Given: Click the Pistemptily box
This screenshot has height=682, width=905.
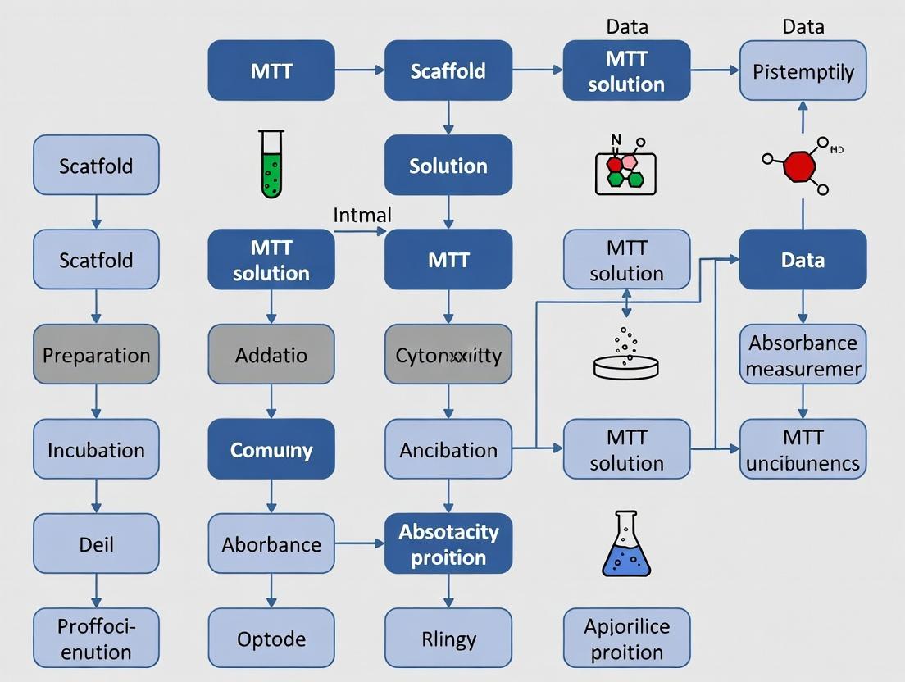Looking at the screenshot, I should pyautogui.click(x=803, y=70).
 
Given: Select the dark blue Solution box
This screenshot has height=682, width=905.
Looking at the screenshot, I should pyautogui.click(x=448, y=165).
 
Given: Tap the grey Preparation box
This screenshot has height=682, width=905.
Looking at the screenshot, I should pyautogui.click(x=96, y=354).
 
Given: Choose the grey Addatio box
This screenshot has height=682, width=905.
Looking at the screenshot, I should pyautogui.click(x=271, y=354).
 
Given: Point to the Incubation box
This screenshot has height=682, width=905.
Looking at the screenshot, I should pyautogui.click(x=96, y=449).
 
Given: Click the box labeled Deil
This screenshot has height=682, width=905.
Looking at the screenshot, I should pyautogui.click(x=96, y=543).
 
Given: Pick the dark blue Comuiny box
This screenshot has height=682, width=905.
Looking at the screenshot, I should pyautogui.click(x=271, y=449).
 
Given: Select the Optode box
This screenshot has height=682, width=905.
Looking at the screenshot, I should pyautogui.click(x=271, y=638).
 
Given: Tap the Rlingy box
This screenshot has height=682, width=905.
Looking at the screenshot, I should pyautogui.click(x=448, y=638).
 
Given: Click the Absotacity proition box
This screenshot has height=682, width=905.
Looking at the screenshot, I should pyautogui.click(x=448, y=543).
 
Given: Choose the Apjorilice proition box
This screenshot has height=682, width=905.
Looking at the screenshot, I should pyautogui.click(x=626, y=638).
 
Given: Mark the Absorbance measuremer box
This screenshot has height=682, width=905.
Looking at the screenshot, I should pyautogui.click(x=803, y=354).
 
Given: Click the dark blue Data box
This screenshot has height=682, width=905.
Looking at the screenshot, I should pyautogui.click(x=803, y=260).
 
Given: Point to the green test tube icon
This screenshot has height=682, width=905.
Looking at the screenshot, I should pyautogui.click(x=271, y=165).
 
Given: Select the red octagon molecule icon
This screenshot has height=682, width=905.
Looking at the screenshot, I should pyautogui.click(x=799, y=166).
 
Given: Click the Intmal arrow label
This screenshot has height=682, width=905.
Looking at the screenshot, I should pyautogui.click(x=362, y=216).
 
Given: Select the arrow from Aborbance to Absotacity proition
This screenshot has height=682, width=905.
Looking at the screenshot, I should pyautogui.click(x=360, y=543).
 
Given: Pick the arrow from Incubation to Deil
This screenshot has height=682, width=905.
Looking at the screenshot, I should pyautogui.click(x=96, y=497).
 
